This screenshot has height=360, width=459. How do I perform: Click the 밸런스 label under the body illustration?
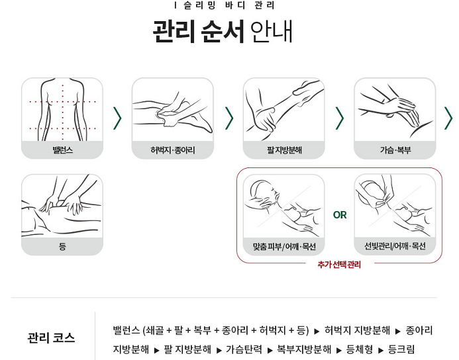pos(62,150)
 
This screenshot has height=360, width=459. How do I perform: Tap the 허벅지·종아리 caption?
pos(173,150)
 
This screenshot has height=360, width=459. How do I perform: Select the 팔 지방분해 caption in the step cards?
pos(284,150)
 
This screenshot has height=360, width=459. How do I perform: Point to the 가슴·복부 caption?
pos(395,150)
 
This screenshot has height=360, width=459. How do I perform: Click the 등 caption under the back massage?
pos(62,246)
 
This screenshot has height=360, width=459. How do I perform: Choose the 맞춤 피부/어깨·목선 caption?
pos(284,247)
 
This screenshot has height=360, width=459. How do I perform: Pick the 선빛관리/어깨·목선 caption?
pos(395,246)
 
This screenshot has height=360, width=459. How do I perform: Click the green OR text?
pos(340,215)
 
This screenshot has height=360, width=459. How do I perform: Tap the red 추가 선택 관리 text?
pos(339,264)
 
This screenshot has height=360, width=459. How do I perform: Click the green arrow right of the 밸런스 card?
pos(117,118)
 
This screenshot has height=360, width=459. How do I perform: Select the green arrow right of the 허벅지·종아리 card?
pos(229,118)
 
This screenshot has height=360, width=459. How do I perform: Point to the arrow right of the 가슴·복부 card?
pos(448,118)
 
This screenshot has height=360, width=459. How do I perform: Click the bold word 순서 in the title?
pos(223,31)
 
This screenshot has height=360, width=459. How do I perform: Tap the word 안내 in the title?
pos(272,31)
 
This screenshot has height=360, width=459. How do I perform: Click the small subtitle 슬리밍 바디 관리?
pos(229,5)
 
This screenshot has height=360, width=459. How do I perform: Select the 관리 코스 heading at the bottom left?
pos(51,337)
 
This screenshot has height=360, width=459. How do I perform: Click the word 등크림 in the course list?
pos(401,349)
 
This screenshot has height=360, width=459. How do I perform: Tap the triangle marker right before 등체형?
pos(339,350)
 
